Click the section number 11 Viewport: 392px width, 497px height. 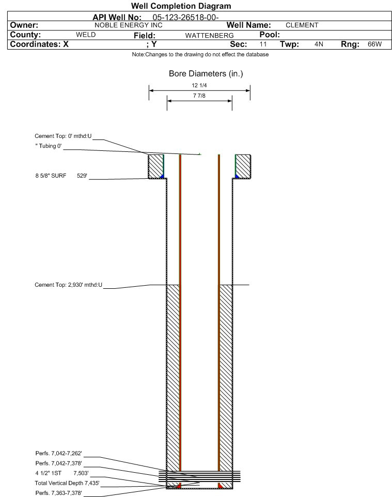[x=263, y=44]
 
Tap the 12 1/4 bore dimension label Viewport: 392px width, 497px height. [x=199, y=86]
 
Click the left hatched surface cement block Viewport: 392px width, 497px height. [x=155, y=166]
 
